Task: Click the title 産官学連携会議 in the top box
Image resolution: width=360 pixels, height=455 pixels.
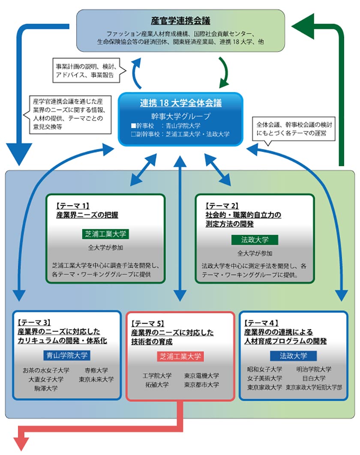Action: coord(180,21)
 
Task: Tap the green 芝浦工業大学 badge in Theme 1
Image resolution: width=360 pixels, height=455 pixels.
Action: coord(105,234)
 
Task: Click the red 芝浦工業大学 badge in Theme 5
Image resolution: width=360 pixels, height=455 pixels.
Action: coord(180,356)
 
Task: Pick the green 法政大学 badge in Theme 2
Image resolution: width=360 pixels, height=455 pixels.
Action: coord(255,240)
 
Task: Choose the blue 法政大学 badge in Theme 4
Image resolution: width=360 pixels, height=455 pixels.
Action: coord(293,355)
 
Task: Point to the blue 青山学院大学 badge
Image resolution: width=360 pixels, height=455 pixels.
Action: coord(67,355)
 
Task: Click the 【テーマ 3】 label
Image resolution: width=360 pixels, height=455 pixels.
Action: coord(35,322)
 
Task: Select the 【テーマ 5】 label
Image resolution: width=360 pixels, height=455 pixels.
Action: coord(148,323)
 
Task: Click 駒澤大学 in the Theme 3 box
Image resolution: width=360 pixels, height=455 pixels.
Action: coord(46,388)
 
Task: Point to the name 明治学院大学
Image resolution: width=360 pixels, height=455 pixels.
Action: coord(314,369)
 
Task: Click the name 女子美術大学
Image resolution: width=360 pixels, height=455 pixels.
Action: coord(264,378)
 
